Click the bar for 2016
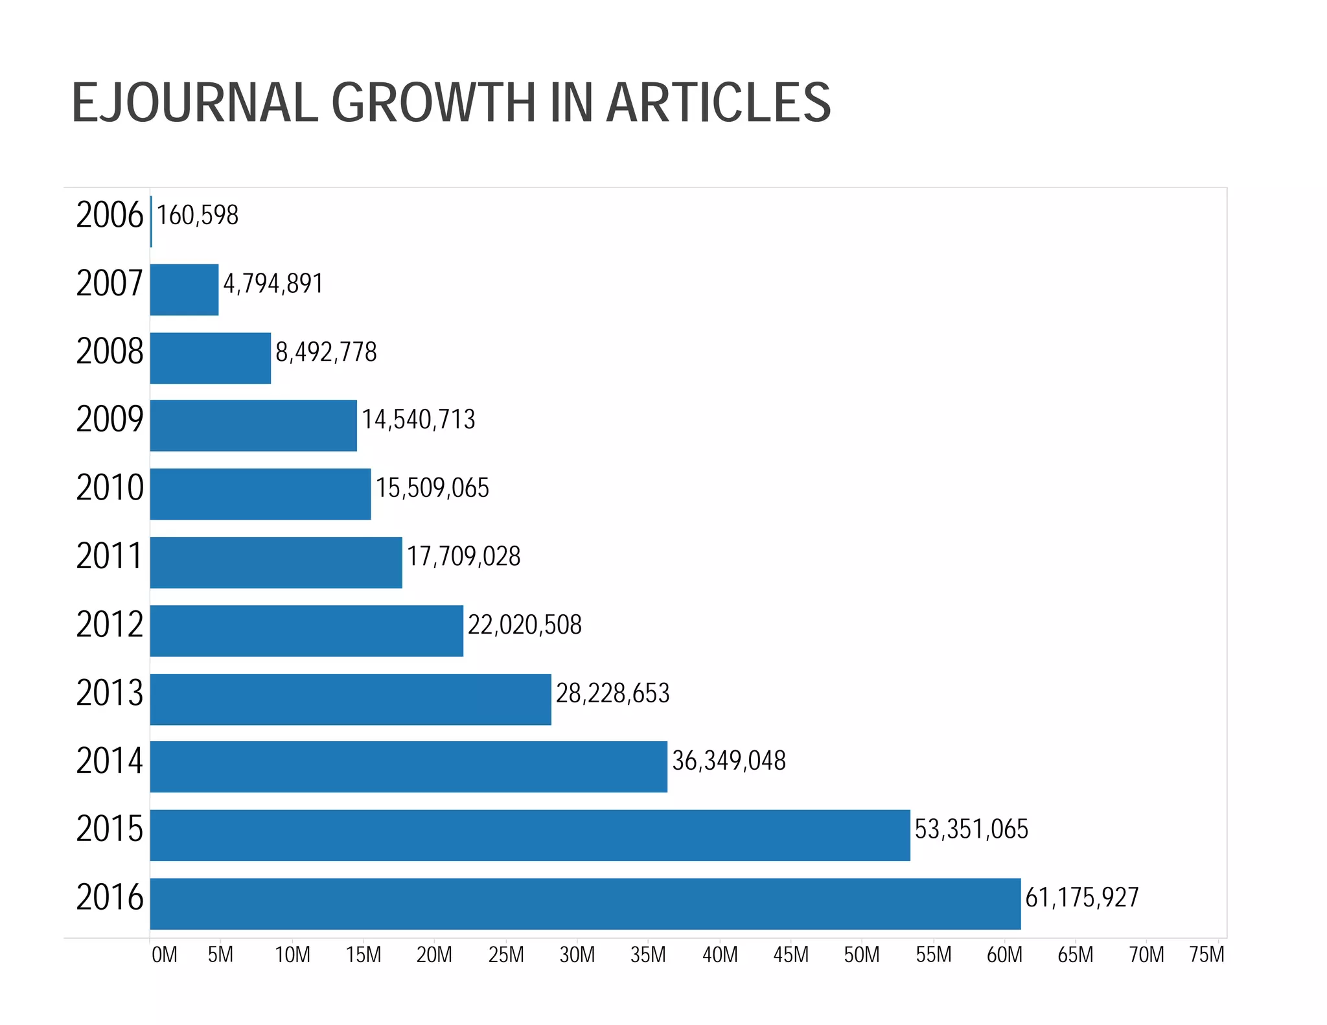point(585,903)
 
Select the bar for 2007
point(184,290)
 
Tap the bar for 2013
point(351,699)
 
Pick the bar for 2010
point(260,494)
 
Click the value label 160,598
point(198,216)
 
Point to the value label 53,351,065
point(971,829)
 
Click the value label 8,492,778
point(326,352)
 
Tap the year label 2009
point(110,419)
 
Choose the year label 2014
point(110,761)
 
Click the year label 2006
point(110,215)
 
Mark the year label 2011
point(110,557)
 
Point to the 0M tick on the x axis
point(164,955)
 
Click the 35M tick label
point(648,955)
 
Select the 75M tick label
point(1206,955)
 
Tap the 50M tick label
point(862,955)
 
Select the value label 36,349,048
point(729,761)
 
